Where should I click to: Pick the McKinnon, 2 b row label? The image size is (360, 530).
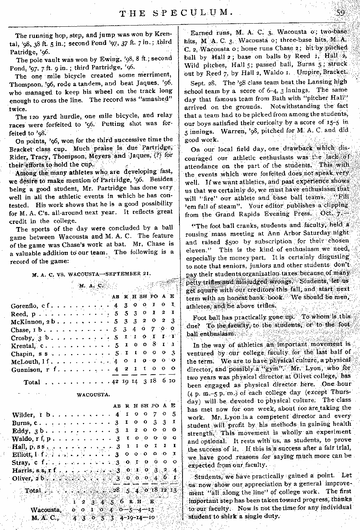click(31, 321)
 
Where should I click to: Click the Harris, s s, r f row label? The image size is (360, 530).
click(31, 470)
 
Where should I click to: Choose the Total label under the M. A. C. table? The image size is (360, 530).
click(32, 382)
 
